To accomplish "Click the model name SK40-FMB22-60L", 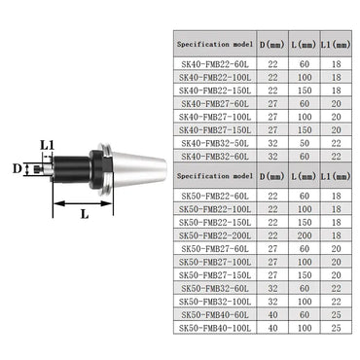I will click(x=214, y=63).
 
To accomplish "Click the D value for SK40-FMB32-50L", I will click(x=272, y=142).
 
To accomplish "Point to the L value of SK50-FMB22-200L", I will click(x=304, y=235).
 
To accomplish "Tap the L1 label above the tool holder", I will click(x=47, y=145).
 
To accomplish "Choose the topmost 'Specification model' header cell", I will click(x=214, y=45).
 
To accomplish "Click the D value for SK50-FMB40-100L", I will click(x=272, y=329).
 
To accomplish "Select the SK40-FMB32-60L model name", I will click(x=214, y=156).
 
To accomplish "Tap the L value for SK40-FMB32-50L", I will click(x=304, y=142).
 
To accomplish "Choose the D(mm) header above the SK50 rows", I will click(x=272, y=176).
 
